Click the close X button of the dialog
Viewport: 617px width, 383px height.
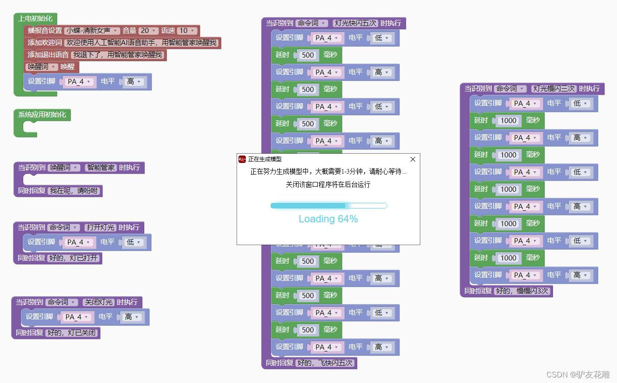[x=412, y=159]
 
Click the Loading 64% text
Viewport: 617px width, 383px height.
[x=328, y=219]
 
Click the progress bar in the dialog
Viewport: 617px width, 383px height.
[x=328, y=206]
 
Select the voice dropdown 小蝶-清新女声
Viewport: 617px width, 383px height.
[x=92, y=31]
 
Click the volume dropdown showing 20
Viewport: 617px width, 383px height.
[x=148, y=31]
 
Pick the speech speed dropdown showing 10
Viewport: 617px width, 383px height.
[x=187, y=31]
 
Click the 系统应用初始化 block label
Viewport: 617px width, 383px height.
[x=42, y=115]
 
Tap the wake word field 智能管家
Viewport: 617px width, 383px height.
[x=101, y=168]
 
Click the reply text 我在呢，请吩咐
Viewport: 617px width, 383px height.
[x=74, y=191]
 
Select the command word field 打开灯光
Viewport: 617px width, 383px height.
[x=100, y=227]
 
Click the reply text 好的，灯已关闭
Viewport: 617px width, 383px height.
[x=72, y=333]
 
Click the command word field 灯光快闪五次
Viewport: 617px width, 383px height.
[x=355, y=23]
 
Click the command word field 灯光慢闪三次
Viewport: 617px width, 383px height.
[x=553, y=89]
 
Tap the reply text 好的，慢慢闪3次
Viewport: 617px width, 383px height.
[x=522, y=291]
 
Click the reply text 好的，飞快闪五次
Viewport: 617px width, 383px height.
[x=325, y=363]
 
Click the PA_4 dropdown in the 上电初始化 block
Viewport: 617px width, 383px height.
[x=79, y=82]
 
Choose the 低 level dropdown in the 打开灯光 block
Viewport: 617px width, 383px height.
[x=133, y=242]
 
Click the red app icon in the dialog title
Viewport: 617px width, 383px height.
[x=242, y=159]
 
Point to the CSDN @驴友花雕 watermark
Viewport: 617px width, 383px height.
[x=578, y=375]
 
